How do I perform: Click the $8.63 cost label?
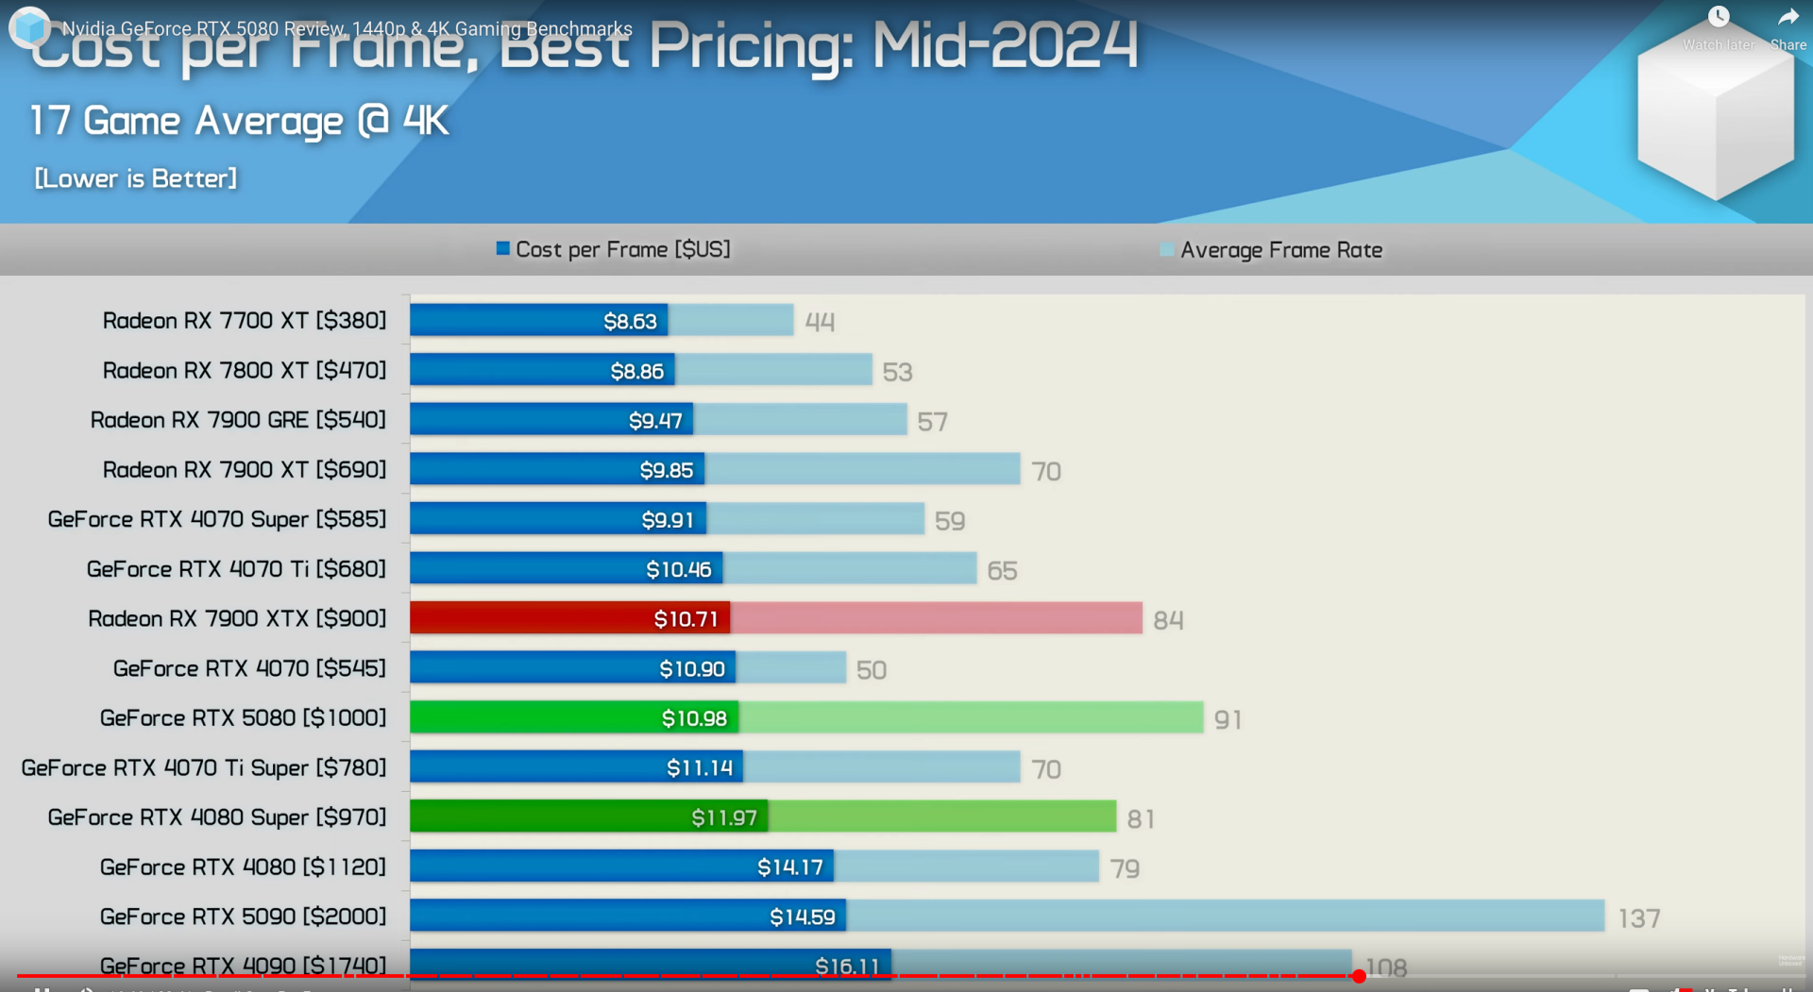point(630,321)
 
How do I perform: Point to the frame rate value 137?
point(1638,918)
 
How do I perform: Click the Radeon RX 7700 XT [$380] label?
point(245,321)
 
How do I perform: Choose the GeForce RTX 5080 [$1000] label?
point(243,718)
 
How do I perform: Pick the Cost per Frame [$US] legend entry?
point(614,249)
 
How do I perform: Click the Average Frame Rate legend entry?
point(1271,250)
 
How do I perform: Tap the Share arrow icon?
point(1788,18)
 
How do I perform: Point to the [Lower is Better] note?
point(136,178)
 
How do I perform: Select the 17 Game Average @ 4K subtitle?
point(240,121)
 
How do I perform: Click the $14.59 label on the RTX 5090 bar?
point(802,916)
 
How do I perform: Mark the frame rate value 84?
point(1168,620)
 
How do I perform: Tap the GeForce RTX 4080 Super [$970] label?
point(217,817)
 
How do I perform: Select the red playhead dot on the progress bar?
point(1359,976)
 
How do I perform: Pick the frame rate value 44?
point(820,323)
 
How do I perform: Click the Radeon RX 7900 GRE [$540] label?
point(238,420)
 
